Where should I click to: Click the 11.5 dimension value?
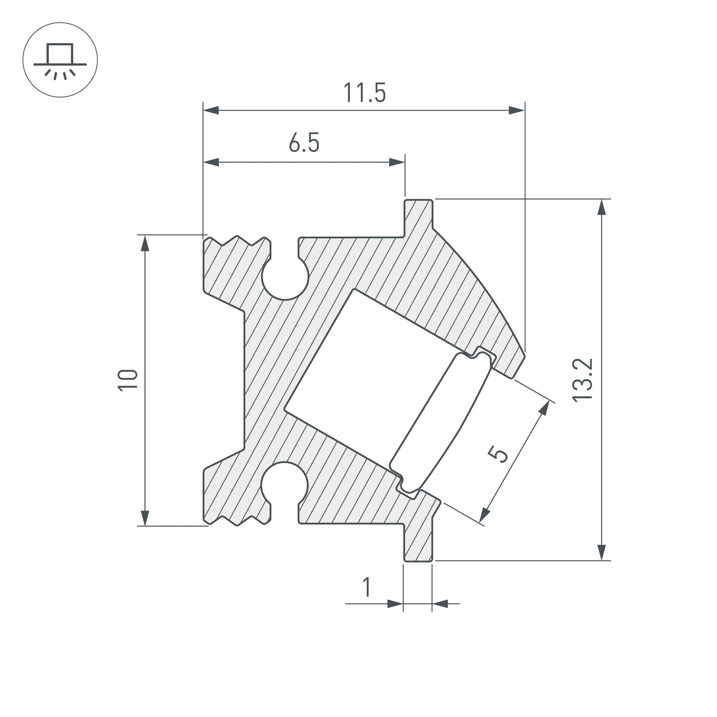click(365, 93)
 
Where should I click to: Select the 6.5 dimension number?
click(304, 143)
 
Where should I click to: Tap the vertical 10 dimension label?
click(128, 380)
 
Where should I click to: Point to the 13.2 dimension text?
click(582, 380)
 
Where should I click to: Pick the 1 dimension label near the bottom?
click(367, 587)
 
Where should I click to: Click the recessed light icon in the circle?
click(60, 60)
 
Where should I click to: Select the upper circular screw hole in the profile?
click(285, 276)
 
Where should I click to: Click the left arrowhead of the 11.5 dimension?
click(211, 110)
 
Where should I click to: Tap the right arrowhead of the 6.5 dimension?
click(397, 162)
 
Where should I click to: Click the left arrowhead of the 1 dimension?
click(395, 604)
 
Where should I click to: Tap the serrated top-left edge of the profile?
click(237, 241)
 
